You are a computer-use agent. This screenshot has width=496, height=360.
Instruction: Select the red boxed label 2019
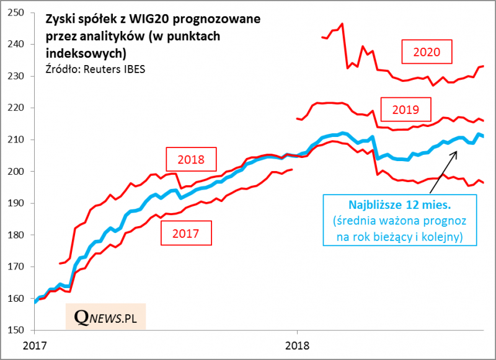coord(406,111)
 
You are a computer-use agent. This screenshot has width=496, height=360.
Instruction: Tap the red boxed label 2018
coord(190,159)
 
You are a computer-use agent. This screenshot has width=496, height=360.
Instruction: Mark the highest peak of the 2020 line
coord(342,24)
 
